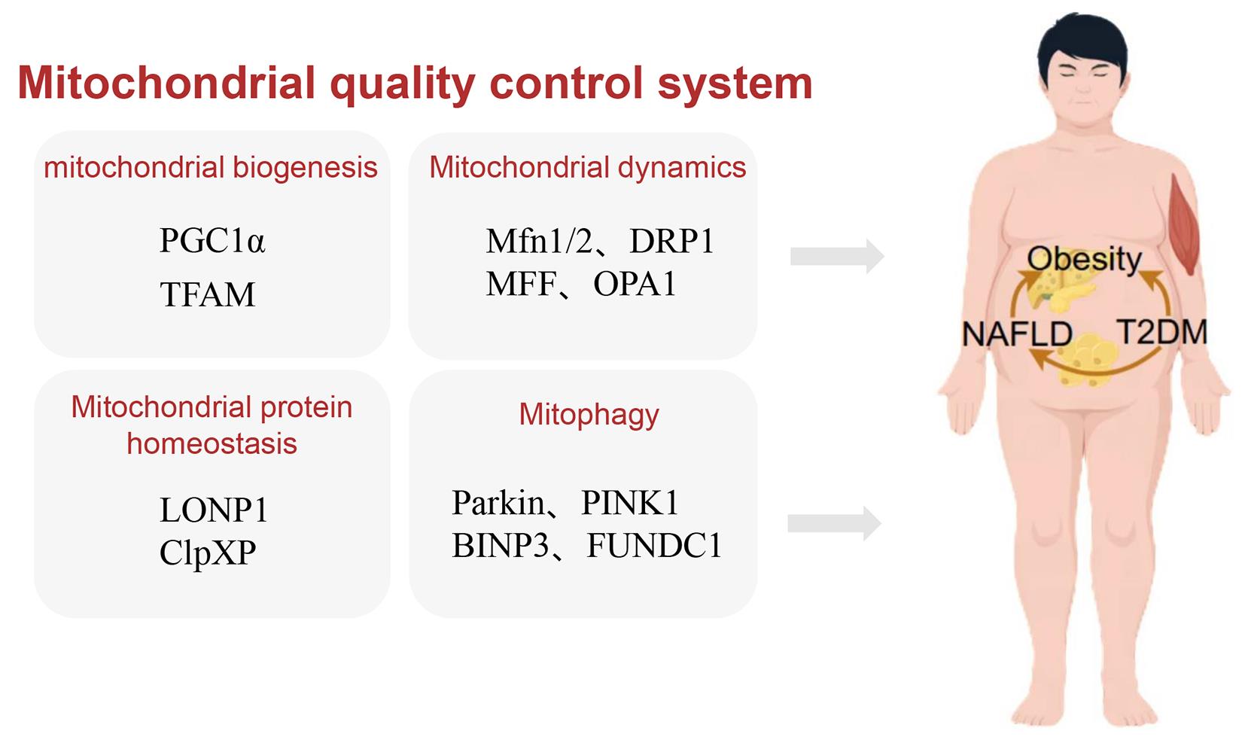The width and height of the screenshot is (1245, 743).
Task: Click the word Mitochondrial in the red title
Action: coord(167,83)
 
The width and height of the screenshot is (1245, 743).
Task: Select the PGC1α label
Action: coord(212,240)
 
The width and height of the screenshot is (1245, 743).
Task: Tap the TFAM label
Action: coord(207,294)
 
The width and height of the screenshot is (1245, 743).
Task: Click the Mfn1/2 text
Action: coord(539,241)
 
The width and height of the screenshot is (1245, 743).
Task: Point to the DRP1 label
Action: coord(671,241)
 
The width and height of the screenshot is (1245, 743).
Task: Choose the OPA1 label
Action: coord(635,284)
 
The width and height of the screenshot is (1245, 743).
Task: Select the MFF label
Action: coord(522,284)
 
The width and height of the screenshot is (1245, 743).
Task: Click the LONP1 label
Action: coord(214,510)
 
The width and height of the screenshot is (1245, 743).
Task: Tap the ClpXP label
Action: coord(208,553)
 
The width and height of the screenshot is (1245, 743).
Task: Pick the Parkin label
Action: coord(498,502)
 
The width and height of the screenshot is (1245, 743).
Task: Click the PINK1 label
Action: coord(630,502)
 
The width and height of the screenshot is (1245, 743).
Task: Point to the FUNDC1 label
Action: coord(654,545)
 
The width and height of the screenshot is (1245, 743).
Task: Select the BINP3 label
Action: coord(501,545)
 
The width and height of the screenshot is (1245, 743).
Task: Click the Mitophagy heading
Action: coord(589,415)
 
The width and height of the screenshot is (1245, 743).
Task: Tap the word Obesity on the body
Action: coord(1084,259)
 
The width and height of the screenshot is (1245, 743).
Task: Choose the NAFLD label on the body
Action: coord(1017,334)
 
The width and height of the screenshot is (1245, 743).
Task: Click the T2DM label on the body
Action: coord(1161,332)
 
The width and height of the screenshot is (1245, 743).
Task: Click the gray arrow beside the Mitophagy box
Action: coord(834,523)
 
